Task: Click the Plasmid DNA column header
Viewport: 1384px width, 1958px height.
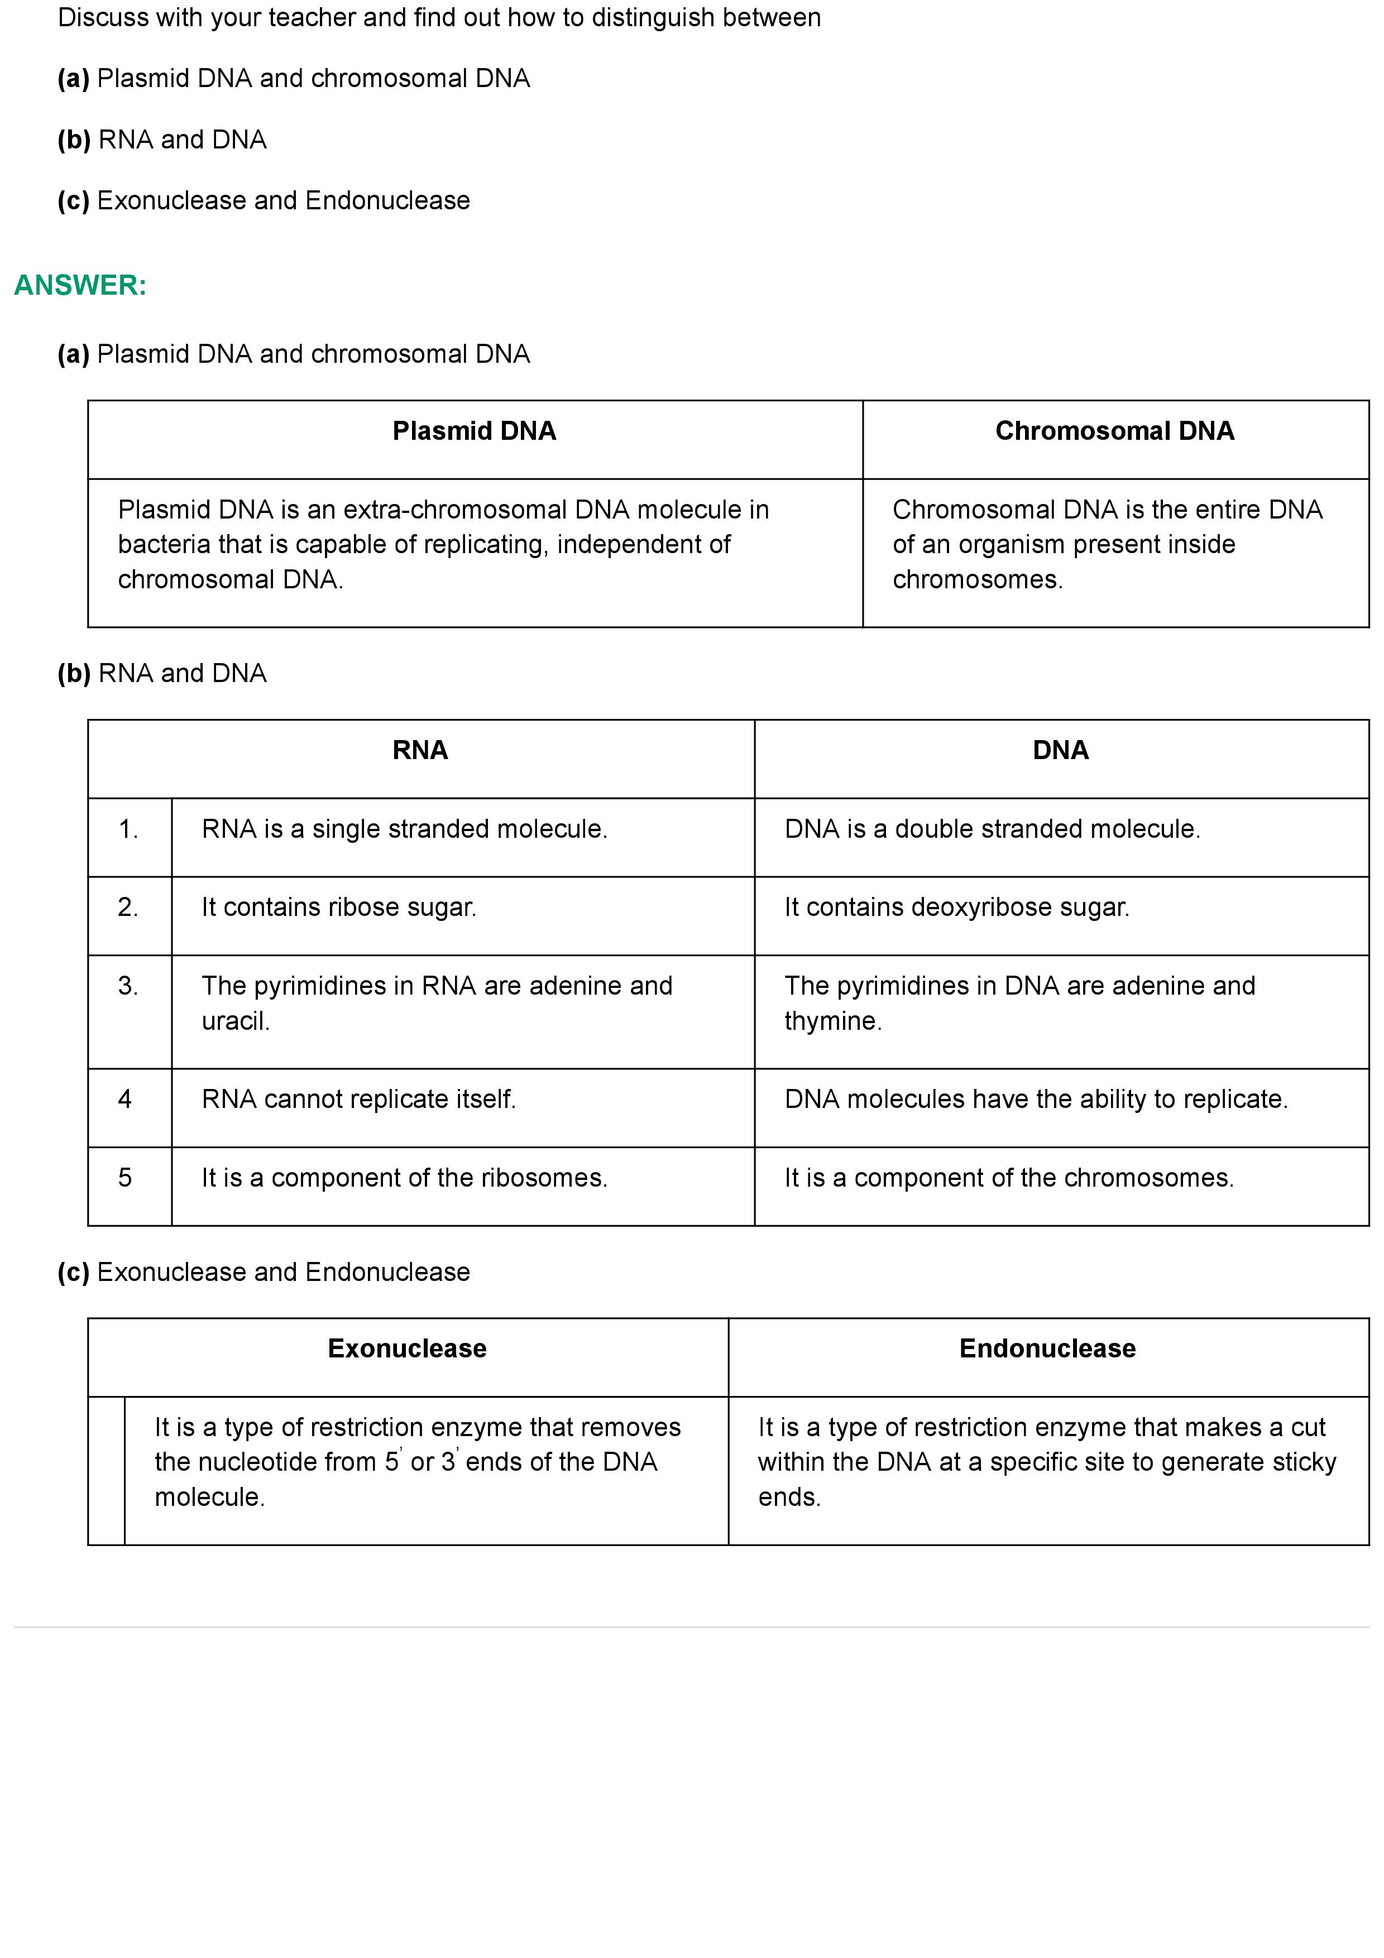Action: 474,431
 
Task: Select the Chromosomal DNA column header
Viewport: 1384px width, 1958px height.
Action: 1114,431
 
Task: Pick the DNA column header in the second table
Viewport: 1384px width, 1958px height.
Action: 1060,751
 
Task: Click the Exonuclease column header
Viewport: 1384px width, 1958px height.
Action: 407,1348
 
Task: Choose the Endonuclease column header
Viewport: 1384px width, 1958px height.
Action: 1047,1348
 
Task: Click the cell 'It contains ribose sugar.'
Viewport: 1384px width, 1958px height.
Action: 338,908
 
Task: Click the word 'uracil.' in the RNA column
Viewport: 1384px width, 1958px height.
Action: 236,1021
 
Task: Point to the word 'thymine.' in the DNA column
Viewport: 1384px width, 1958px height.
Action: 832,1021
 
